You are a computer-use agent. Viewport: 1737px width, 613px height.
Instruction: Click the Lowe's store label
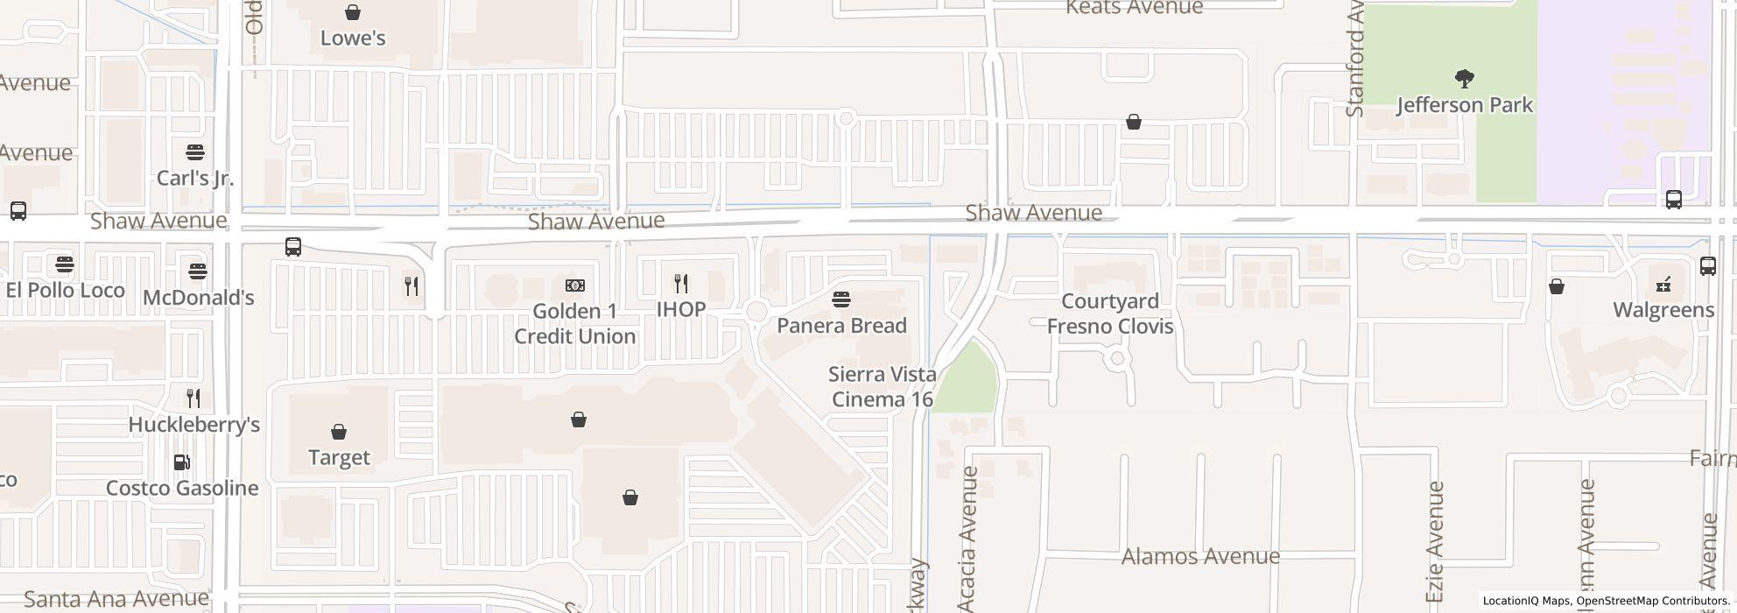353,39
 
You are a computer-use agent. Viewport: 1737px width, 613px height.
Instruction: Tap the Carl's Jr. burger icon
195,152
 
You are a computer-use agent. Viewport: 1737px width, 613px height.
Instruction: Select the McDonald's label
198,298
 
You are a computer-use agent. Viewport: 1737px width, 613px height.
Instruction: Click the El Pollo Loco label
65,291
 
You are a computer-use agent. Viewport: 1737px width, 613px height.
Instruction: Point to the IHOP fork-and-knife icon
681,284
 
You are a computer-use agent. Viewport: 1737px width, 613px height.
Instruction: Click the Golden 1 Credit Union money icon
575,285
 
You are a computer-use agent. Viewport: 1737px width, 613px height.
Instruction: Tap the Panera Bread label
841,326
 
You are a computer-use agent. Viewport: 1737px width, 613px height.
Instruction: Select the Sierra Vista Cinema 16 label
882,387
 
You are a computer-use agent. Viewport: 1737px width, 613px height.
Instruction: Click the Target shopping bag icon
339,432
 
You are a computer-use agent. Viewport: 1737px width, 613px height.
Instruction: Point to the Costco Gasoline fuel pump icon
182,462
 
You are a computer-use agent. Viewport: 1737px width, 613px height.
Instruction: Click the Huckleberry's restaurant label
193,425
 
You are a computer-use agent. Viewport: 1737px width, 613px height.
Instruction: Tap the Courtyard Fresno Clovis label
1110,314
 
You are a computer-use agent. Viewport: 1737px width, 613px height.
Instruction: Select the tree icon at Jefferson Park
1464,80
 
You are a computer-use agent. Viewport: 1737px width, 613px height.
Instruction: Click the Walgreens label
1663,310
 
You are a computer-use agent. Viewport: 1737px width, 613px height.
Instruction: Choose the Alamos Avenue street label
1200,557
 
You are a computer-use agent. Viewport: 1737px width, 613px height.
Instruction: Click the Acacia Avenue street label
967,539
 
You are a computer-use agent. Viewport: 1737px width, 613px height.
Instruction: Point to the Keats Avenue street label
1134,8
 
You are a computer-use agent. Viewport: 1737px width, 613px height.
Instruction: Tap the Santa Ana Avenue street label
116,600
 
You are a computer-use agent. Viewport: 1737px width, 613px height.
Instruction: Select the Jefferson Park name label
1465,106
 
